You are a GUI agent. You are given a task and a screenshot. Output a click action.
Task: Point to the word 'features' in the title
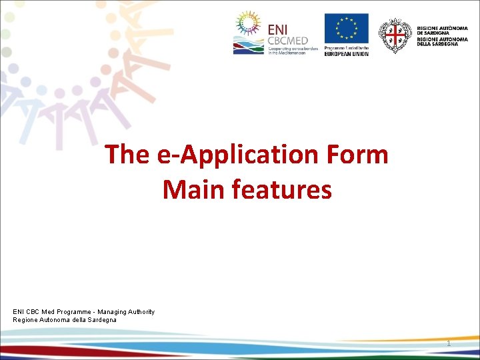coord(282,190)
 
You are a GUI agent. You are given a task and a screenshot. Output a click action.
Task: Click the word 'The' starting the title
coord(127,155)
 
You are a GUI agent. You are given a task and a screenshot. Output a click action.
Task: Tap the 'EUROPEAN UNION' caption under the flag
coord(346,53)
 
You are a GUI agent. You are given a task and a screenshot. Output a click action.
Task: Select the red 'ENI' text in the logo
coord(279,29)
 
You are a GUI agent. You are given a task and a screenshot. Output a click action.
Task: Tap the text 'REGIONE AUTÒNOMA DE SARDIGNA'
coord(442,31)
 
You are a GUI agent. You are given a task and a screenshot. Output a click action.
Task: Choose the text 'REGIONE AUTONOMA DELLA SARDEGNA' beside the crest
coord(442,42)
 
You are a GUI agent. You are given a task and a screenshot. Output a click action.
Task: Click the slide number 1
coord(449,343)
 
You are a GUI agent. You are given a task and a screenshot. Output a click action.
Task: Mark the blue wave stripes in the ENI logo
coord(248,47)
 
